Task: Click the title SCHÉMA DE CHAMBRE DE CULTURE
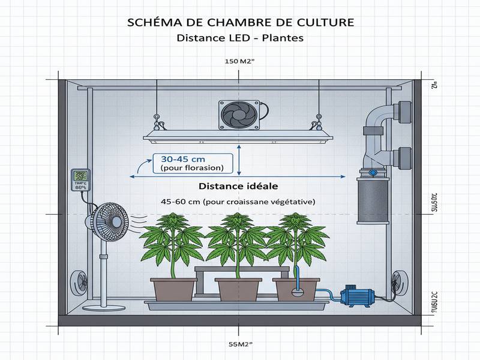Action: (x=240, y=22)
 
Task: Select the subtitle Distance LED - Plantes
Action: (x=240, y=38)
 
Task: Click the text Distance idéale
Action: (x=238, y=187)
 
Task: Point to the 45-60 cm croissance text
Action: (x=238, y=202)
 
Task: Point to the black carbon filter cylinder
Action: (x=372, y=200)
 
